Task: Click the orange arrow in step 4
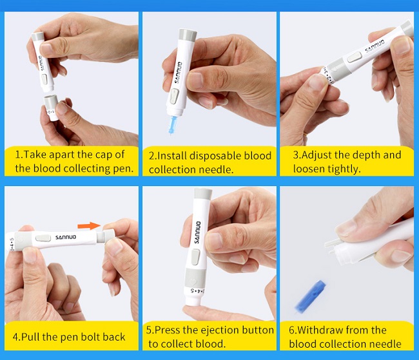[x=88, y=225]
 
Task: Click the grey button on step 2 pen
[x=174, y=97]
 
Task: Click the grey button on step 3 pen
[x=353, y=57]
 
